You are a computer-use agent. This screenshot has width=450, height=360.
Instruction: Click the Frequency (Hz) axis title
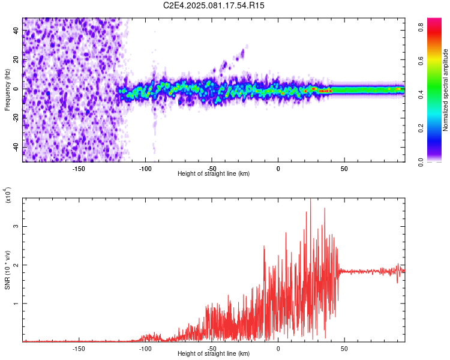(x=7, y=90)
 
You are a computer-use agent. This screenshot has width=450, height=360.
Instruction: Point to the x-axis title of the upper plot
(x=214, y=173)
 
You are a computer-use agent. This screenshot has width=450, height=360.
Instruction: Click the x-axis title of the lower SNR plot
(x=214, y=355)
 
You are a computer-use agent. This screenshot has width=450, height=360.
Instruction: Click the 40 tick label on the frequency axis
(x=16, y=31)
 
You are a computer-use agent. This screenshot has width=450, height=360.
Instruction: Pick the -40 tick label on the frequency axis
(x=14, y=148)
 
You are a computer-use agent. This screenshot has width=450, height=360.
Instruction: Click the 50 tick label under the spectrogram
(x=344, y=168)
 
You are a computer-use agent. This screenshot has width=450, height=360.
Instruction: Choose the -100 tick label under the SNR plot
(x=145, y=348)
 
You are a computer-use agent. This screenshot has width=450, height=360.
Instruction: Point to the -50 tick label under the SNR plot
(x=212, y=348)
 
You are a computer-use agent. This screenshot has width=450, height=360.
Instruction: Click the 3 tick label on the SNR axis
(x=17, y=227)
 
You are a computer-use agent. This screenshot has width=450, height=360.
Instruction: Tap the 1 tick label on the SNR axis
(x=17, y=304)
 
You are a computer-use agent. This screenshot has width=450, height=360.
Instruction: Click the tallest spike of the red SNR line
(x=310, y=201)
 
